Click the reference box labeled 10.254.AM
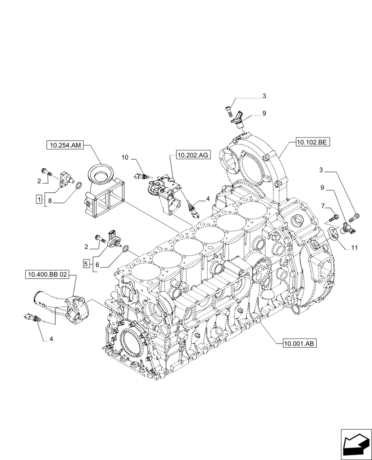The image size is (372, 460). pos(64,146)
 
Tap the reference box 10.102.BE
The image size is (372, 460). pos(312,143)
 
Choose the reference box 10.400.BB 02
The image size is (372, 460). pos(47,275)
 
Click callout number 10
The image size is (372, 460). pos(125,158)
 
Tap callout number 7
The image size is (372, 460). pos(324,206)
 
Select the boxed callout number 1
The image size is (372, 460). pos(40,199)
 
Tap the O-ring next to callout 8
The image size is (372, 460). pos(79,186)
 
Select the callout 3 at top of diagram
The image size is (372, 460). pos(264,96)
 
